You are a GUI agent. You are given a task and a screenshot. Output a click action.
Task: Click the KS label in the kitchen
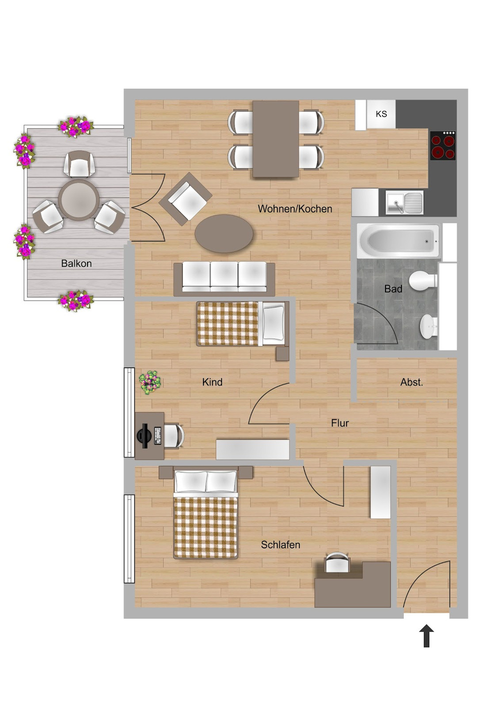(x=381, y=114)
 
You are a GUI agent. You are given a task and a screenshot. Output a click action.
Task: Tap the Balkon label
(x=76, y=263)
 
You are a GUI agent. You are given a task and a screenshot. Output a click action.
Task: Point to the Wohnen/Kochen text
(x=294, y=209)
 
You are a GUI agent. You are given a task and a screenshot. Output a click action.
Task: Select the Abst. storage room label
(x=411, y=382)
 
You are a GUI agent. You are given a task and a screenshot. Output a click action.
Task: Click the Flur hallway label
(x=340, y=423)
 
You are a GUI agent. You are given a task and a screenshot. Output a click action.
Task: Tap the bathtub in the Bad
(x=398, y=241)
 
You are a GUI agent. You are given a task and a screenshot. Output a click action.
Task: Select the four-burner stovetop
(x=443, y=146)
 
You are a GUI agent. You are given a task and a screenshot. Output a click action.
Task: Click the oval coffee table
(x=224, y=234)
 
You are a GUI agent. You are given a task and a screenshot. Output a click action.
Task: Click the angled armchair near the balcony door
(x=185, y=199)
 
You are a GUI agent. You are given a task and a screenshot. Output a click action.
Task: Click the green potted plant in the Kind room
(x=150, y=382)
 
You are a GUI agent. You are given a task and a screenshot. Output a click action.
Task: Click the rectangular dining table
(x=275, y=139)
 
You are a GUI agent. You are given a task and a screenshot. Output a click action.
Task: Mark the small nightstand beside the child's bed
(x=282, y=354)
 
